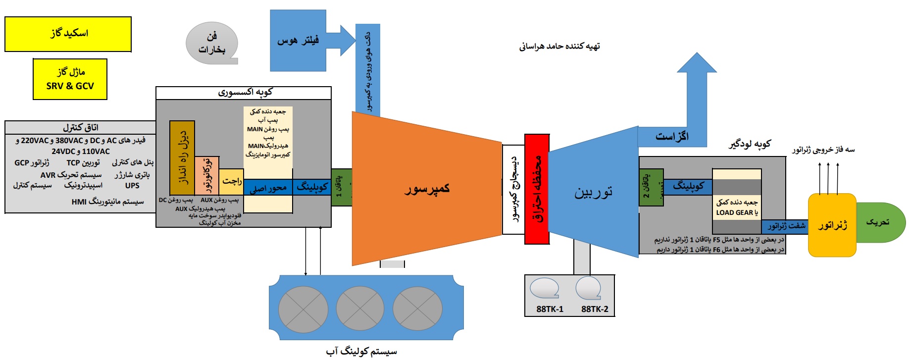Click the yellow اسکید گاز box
click(68, 34)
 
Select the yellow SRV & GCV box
click(70, 79)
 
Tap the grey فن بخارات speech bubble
click(211, 43)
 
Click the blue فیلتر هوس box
click(298, 41)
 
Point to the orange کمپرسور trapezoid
click(426, 189)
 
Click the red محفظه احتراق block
click(537, 189)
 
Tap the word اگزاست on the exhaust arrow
click(672, 136)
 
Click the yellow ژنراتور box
click(832, 225)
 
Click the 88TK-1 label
click(550, 309)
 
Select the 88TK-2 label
click(595, 309)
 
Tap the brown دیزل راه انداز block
click(182, 157)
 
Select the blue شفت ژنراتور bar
click(786, 226)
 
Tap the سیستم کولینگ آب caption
click(361, 352)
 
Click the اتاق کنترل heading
click(80, 127)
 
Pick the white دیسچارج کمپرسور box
click(513, 189)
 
